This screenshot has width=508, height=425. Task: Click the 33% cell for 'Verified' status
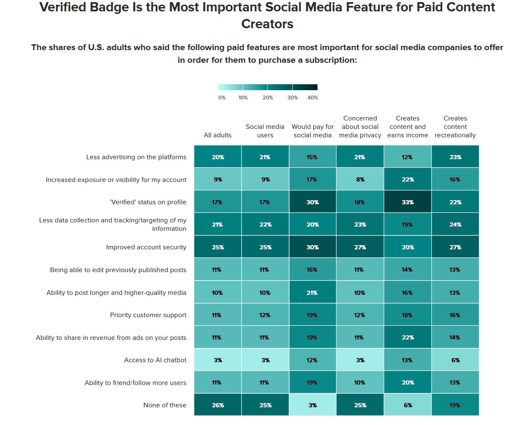pyautogui.click(x=408, y=202)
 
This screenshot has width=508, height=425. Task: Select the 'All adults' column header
pyautogui.click(x=218, y=135)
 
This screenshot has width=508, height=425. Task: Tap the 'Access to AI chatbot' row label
pyautogui.click(x=155, y=360)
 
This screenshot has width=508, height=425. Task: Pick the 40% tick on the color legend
pyautogui.click(x=313, y=98)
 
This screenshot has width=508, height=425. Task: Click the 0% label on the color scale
pyautogui.click(x=222, y=98)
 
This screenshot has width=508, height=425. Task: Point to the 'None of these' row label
pyautogui.click(x=165, y=405)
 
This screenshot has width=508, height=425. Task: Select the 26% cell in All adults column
pyautogui.click(x=218, y=405)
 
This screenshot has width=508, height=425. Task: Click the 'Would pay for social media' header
pyautogui.click(x=312, y=131)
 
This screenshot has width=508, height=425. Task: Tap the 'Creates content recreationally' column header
pyautogui.click(x=455, y=127)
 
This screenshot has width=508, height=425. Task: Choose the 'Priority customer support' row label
pyautogui.click(x=148, y=315)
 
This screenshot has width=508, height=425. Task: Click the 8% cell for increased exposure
pyautogui.click(x=360, y=179)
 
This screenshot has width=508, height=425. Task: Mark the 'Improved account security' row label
pyautogui.click(x=146, y=247)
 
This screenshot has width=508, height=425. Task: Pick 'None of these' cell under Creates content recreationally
pyautogui.click(x=455, y=405)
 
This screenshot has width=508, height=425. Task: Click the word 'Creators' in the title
pyautogui.click(x=267, y=24)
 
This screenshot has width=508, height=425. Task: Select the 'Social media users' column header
pyautogui.click(x=265, y=131)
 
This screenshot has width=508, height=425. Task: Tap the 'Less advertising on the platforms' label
pyautogui.click(x=136, y=157)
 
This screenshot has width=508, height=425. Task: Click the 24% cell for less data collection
pyautogui.click(x=455, y=225)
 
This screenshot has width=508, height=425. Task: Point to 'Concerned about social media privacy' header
pyautogui.click(x=360, y=127)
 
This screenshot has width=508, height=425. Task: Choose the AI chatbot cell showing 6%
pyautogui.click(x=455, y=360)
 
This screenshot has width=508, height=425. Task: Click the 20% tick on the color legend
pyautogui.click(x=268, y=98)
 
